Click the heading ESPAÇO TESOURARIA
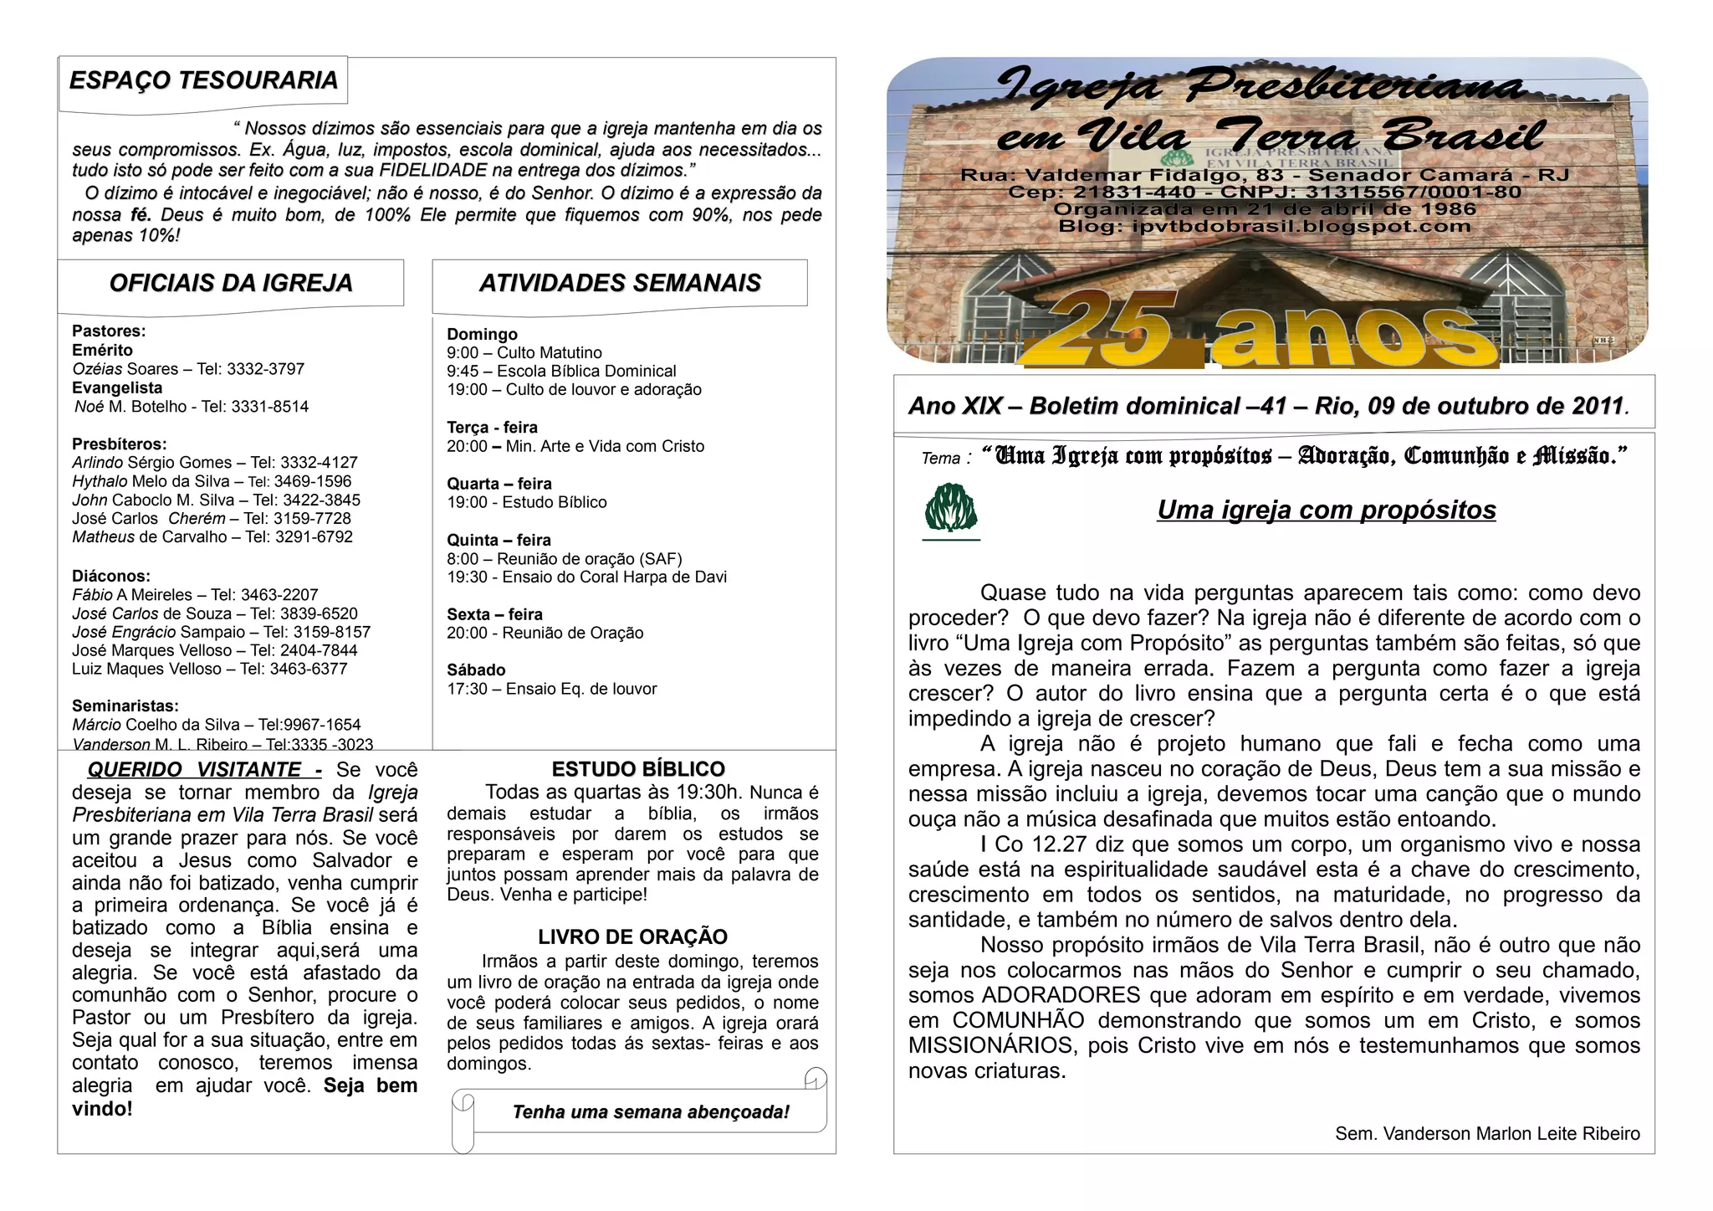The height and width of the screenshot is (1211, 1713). [x=203, y=80]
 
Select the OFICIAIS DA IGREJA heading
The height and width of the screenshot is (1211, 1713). [x=231, y=283]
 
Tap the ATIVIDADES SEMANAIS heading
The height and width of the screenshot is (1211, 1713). [x=620, y=283]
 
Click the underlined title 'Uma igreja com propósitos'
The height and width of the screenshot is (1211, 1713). [x=1326, y=510]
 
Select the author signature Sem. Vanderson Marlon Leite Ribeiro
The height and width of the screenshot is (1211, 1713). [x=1487, y=1134]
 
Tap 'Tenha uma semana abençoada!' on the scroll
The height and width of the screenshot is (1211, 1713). [x=651, y=1112]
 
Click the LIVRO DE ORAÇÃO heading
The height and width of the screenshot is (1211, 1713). [x=632, y=936]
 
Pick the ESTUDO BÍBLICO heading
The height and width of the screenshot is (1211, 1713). [x=638, y=769]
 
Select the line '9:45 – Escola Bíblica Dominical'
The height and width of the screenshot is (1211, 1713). [x=561, y=371]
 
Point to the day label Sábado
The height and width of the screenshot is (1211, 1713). [x=476, y=670]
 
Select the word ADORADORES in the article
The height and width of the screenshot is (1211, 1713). [x=1061, y=995]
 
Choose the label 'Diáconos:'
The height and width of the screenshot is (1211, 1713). [x=111, y=576]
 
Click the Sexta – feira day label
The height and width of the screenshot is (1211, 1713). [x=494, y=614]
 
